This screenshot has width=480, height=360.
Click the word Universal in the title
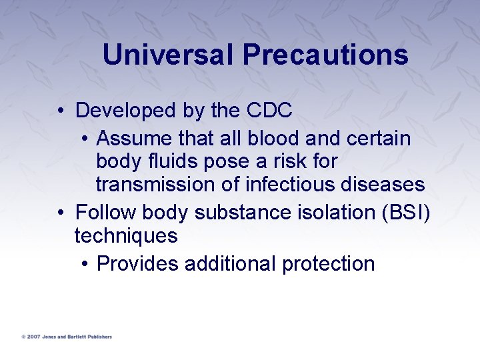click(168, 55)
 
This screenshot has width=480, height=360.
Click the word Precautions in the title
click(325, 55)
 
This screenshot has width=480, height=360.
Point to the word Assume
click(134, 139)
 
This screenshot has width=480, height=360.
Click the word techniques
click(126, 235)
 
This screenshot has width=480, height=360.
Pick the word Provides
click(137, 264)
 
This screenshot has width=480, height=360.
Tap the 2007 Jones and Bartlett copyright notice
click(66, 337)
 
